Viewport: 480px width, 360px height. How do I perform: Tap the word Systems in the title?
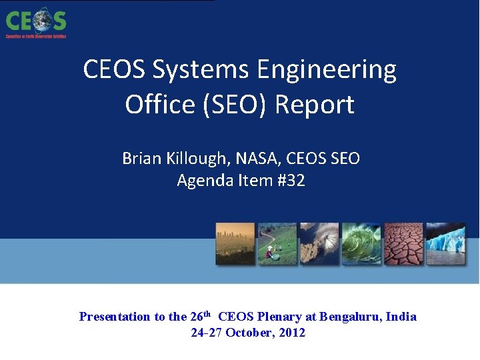196,69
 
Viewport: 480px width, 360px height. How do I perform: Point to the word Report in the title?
315,105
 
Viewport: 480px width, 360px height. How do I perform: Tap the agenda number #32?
291,180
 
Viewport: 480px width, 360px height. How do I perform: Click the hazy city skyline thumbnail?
235,244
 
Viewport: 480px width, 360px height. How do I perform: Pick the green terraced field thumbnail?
277,244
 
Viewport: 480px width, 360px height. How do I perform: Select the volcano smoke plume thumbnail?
319,244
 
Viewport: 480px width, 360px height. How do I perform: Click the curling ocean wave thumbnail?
361,244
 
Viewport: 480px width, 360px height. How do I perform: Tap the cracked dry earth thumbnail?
403,244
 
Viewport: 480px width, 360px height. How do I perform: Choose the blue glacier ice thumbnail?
445,244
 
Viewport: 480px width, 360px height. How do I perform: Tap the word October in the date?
249,333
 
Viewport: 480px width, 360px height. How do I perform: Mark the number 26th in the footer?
201,316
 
